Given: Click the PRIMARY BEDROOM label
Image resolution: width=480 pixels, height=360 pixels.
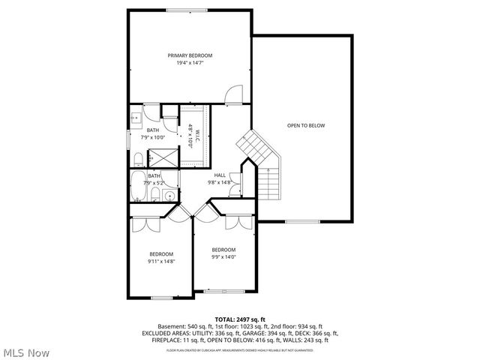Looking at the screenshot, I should (x=190, y=55).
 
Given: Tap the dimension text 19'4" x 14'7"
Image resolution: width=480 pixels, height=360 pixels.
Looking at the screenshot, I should (x=190, y=63).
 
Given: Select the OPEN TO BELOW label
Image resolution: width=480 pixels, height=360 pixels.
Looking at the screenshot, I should (x=306, y=125).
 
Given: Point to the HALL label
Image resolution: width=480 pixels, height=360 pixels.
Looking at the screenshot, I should (x=220, y=175).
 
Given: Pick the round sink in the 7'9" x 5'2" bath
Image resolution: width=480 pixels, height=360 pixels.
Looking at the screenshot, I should (x=169, y=196).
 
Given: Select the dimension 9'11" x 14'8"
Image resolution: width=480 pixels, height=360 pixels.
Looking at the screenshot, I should (x=160, y=261).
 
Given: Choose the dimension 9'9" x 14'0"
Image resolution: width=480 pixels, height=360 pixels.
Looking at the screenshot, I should (x=223, y=256).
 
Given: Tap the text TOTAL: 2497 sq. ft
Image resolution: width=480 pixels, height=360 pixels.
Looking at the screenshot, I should (x=240, y=319).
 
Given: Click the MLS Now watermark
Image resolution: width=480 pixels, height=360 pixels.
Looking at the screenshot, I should (x=25, y=352).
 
